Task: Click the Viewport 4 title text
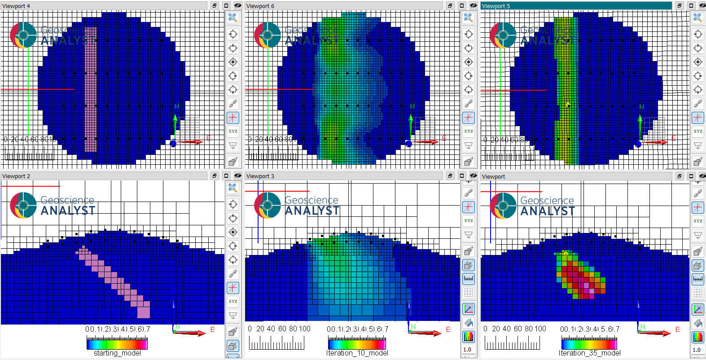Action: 16,6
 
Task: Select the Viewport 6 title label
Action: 260,6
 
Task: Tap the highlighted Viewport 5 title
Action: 496,6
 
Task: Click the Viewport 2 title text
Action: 16,176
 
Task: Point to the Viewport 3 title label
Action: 260,176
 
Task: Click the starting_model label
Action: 117,353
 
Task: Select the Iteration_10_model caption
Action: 357,353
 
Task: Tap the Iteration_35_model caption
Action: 590,353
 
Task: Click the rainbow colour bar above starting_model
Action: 117,344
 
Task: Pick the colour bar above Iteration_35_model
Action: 589,344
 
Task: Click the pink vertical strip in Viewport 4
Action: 90,90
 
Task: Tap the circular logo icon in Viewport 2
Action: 23,205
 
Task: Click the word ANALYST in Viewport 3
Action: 312,211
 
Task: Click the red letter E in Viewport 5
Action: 674,138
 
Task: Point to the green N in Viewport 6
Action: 412,106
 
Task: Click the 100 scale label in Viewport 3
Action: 305,329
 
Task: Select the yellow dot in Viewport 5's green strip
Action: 568,105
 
